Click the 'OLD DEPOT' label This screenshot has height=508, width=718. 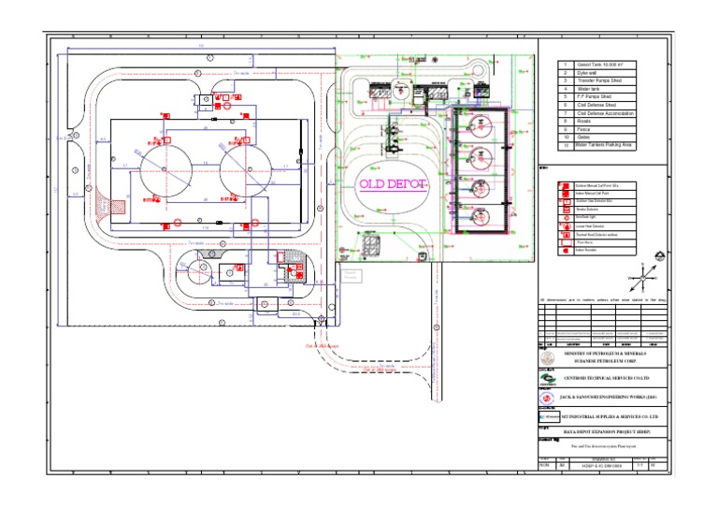(x=392, y=183)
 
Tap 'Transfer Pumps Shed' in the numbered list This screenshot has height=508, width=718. (x=597, y=81)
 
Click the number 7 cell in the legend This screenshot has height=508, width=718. (x=565, y=113)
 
